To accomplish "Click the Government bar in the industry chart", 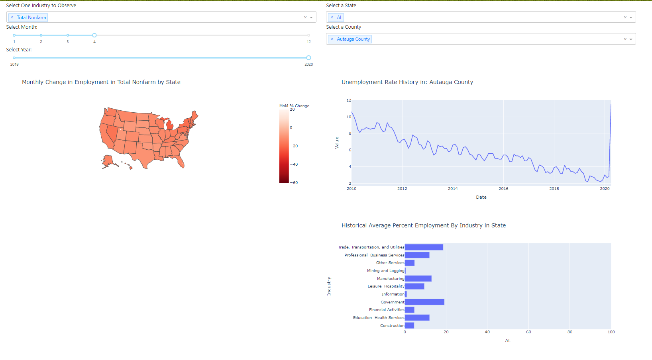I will coord(424,302).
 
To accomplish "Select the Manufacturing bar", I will coord(418,278).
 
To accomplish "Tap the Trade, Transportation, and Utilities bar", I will coord(424,247).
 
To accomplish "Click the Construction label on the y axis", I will coord(392,326).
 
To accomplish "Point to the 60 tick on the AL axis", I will coord(528,332).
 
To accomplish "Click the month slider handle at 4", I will coord(94,35).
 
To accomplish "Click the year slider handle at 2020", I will coord(308,58).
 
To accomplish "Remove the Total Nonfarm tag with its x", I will coord(12,18).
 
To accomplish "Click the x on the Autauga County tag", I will coord(332,39).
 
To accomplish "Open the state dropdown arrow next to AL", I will coord(631,18).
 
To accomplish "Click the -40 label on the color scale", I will coord(294,164).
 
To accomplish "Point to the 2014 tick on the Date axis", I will coord(453,189).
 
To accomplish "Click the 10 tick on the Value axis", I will coord(349,117).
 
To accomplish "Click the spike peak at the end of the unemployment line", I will coord(611,105).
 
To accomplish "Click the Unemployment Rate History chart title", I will coord(407,82).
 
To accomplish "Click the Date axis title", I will coord(481,197).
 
